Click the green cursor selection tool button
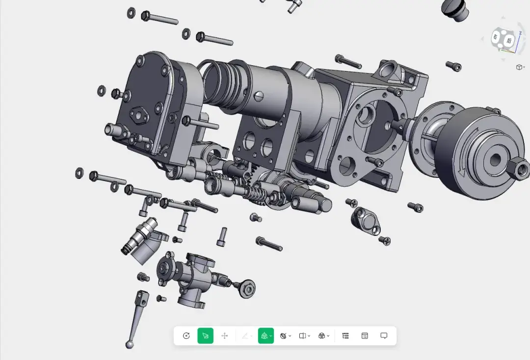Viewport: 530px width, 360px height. click(x=206, y=335)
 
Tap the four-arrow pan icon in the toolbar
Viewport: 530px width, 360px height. click(x=225, y=335)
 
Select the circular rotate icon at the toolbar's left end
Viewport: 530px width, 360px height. click(x=186, y=335)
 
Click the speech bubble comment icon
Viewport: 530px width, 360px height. click(x=384, y=335)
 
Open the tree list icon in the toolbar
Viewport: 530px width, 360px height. click(x=345, y=335)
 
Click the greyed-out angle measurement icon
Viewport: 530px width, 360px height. click(x=244, y=335)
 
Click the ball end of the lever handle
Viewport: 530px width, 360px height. click(x=130, y=345)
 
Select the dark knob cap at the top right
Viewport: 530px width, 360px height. click(x=455, y=10)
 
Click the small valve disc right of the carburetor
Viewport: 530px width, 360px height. click(x=247, y=288)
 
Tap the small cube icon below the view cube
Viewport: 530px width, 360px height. click(x=519, y=67)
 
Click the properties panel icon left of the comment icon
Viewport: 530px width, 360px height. click(x=365, y=335)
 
